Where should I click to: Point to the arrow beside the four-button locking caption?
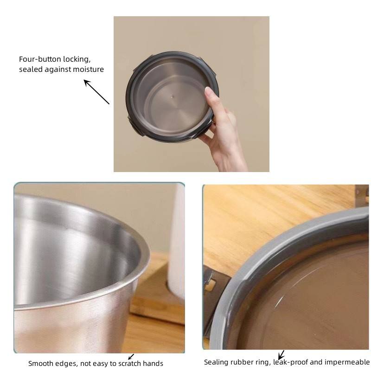[96, 92]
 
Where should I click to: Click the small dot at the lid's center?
[173, 97]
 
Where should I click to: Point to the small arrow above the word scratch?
[131, 357]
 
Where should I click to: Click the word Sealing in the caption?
[216, 362]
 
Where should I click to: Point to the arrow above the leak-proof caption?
[281, 356]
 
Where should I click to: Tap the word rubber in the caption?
[241, 362]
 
